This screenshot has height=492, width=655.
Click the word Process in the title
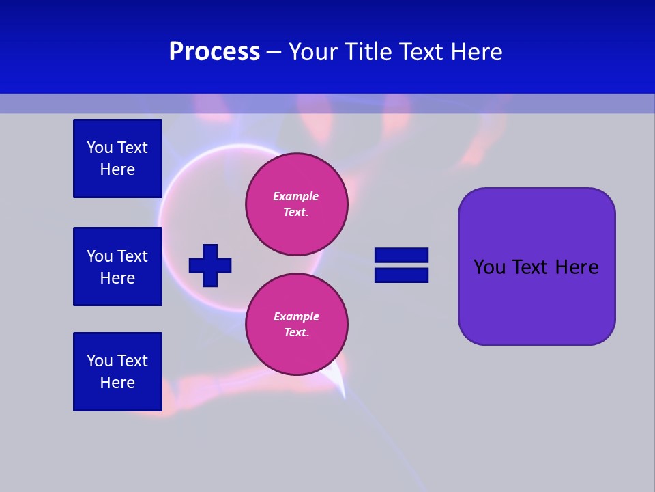pos(214,52)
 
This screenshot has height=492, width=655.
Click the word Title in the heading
pos(373,52)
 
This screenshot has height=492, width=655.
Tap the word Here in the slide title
pos(476,52)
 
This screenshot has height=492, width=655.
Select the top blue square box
pos(117,159)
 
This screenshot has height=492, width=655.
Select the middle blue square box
pos(117,266)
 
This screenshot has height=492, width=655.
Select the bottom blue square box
pos(117,372)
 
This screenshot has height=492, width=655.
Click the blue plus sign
pos(210,265)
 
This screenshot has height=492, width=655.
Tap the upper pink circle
pos(296,205)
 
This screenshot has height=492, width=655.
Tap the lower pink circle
pos(296,325)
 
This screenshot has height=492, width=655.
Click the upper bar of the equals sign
pos(401,256)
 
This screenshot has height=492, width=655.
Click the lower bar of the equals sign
pos(401,275)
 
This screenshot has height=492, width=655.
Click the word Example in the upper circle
pos(296,196)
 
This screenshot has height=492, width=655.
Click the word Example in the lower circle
pos(296,316)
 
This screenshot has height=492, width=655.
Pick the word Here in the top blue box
pos(117,169)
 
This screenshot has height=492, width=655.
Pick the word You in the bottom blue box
pos(100,361)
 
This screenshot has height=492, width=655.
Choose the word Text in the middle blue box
pos(132,256)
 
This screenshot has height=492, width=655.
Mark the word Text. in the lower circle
pos(296,333)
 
